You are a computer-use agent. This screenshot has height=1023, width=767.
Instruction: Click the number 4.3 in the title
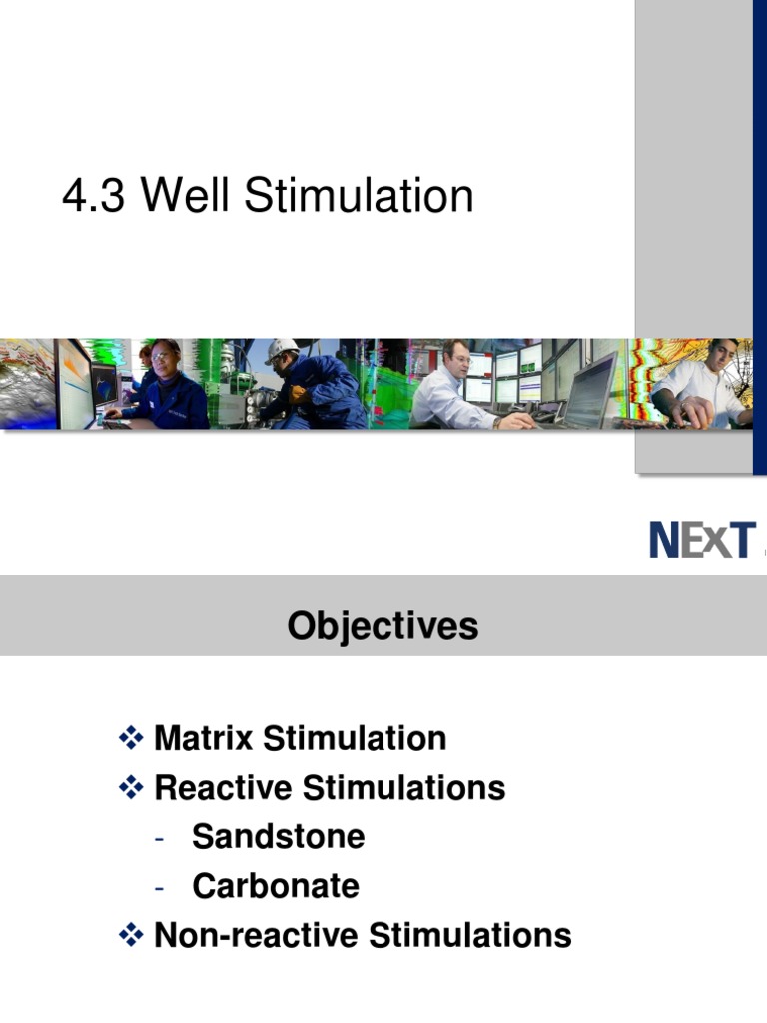pyautogui.click(x=93, y=196)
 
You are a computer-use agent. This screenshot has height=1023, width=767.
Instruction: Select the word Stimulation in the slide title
pyautogui.click(x=359, y=196)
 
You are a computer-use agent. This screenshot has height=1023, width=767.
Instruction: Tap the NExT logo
pyautogui.click(x=701, y=540)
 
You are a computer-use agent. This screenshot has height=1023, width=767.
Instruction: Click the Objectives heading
pyautogui.click(x=383, y=626)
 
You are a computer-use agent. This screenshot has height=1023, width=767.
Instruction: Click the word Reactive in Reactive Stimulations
pyautogui.click(x=223, y=788)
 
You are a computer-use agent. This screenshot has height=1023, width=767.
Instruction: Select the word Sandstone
pyautogui.click(x=278, y=837)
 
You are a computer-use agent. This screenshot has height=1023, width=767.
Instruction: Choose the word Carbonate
pyautogui.click(x=275, y=886)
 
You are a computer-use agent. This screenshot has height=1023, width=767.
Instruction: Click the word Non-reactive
pyautogui.click(x=257, y=936)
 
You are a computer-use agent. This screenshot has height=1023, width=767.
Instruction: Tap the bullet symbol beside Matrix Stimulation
pyautogui.click(x=131, y=739)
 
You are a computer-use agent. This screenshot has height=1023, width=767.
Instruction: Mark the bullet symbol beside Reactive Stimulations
pyautogui.click(x=131, y=788)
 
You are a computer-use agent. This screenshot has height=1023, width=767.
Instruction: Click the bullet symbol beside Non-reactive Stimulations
pyautogui.click(x=131, y=936)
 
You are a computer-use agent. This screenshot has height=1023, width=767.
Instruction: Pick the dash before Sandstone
pyautogui.click(x=159, y=838)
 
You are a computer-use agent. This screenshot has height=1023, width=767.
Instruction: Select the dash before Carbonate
pyautogui.click(x=159, y=887)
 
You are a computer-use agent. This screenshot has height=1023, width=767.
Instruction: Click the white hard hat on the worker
pyautogui.click(x=282, y=350)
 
